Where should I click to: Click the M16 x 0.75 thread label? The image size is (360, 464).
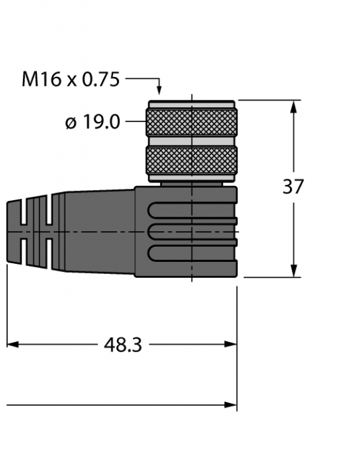click(71, 79)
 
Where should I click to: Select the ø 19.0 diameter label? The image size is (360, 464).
click(93, 121)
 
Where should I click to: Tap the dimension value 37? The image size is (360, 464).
click(293, 187)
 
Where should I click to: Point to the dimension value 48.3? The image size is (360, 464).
click(123, 345)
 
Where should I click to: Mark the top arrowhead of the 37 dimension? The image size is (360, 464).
click(294, 106)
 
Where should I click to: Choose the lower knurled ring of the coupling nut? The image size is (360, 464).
click(191, 161)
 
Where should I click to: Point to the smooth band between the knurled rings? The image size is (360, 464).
click(191, 142)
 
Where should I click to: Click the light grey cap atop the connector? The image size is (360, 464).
click(191, 104)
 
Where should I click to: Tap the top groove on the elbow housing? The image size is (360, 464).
click(191, 211)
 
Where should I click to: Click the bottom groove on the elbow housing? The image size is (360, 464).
click(191, 253)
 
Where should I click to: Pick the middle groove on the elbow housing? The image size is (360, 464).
click(191, 232)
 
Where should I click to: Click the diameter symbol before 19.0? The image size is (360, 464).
click(71, 123)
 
